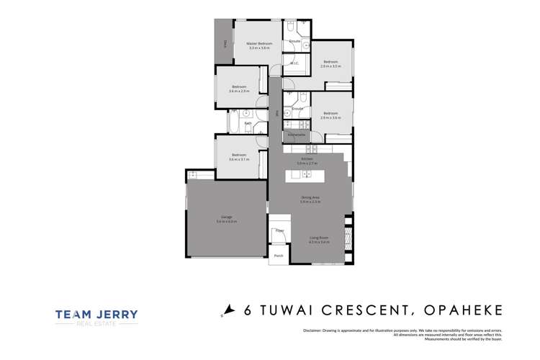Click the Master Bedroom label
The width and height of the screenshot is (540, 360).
point(258,43)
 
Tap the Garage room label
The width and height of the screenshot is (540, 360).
point(226,217)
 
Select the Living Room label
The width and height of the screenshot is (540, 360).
point(319,238)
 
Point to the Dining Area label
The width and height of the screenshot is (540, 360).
point(310,197)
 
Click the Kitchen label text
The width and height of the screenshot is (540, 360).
point(307,159)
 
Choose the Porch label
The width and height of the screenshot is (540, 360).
point(278,256)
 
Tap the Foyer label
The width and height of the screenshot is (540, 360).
point(280,230)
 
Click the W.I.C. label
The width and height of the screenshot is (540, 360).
point(294,63)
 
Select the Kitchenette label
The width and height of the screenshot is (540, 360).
point(297,135)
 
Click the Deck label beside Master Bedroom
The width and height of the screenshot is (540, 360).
point(225,44)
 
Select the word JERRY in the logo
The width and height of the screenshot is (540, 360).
point(117,314)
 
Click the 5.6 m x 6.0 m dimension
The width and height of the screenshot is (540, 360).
point(226,221)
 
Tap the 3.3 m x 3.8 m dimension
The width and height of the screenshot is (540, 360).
point(258,48)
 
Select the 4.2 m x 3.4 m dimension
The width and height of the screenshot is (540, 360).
point(319,242)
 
